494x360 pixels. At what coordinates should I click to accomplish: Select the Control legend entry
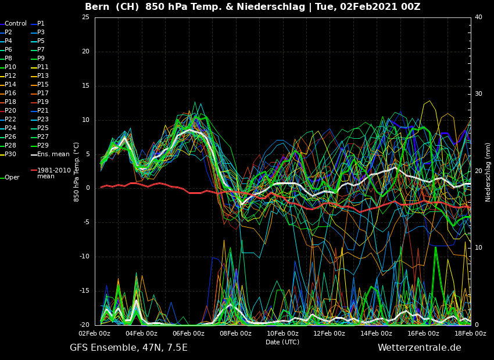16,24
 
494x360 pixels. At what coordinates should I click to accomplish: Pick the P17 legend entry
43,93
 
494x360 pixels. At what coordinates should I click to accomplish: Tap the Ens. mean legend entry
53,154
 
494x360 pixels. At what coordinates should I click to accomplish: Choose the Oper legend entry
12,178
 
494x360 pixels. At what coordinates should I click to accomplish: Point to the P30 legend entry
11,154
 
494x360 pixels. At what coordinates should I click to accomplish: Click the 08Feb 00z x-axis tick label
235,333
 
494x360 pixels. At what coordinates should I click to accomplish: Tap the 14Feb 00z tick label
376,333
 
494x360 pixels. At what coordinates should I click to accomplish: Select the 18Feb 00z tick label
470,333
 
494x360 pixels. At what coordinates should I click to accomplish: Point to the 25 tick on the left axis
85,17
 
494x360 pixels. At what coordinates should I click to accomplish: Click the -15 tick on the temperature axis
84,291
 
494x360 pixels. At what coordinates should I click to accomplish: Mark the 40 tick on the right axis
478,17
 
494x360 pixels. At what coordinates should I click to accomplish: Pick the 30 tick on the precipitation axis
478,94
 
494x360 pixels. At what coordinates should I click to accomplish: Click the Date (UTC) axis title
282,342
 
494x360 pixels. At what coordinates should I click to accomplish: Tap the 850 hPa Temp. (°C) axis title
76,171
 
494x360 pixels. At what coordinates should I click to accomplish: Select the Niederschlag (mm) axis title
488,171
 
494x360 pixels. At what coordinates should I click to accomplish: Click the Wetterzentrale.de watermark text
419,348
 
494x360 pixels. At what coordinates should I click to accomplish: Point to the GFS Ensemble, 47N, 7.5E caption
128,348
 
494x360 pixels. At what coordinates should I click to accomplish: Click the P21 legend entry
43,111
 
